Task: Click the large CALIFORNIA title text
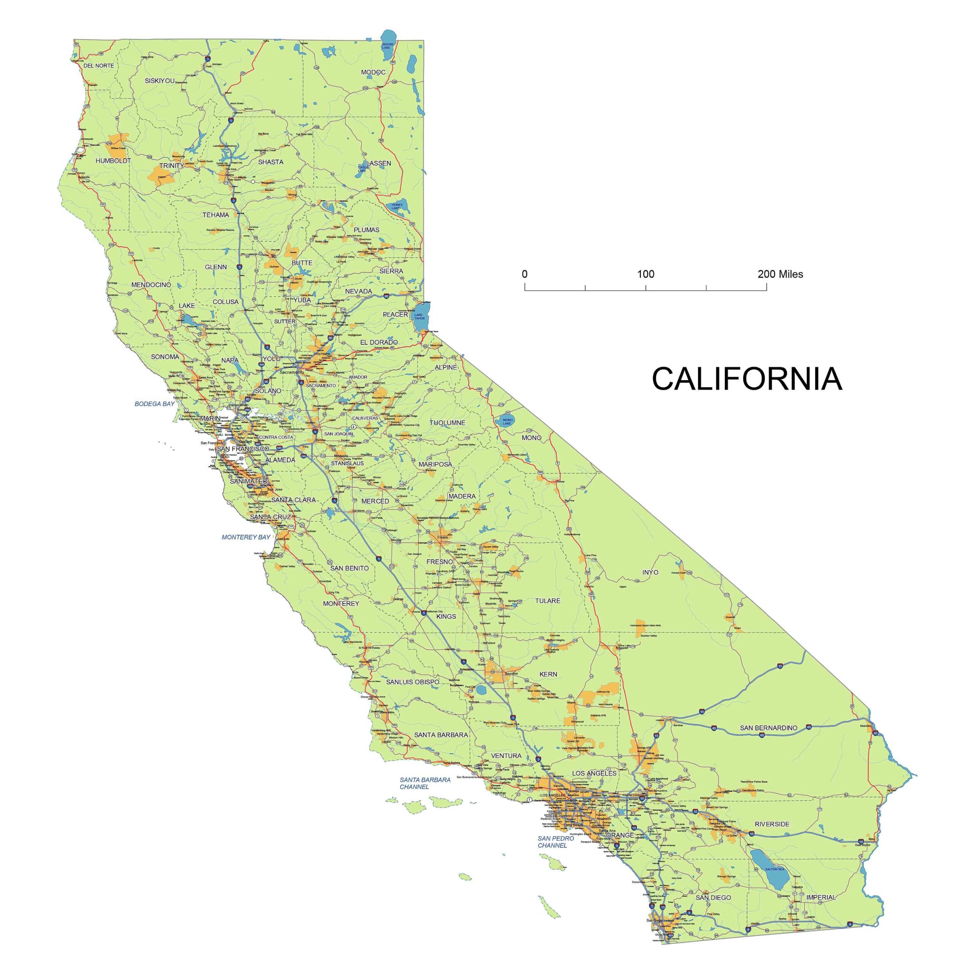point(747,379)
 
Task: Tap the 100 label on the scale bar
point(646,274)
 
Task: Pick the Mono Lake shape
point(506,420)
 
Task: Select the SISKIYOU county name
point(160,81)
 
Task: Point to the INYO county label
point(650,572)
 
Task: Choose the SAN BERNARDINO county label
point(769,728)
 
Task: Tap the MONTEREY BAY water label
point(246,537)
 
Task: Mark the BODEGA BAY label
point(154,404)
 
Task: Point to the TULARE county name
point(548,601)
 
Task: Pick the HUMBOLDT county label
point(113,161)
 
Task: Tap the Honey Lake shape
point(399,205)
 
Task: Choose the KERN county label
point(548,674)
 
